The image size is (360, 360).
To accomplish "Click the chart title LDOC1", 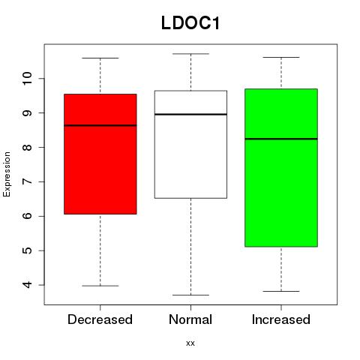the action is pyautogui.click(x=190, y=23).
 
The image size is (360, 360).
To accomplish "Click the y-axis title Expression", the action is pyautogui.click(x=7, y=174).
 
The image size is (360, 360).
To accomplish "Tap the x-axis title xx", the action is pyautogui.click(x=190, y=343).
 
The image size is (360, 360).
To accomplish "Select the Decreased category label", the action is pyautogui.click(x=100, y=319).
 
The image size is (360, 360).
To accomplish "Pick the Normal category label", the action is pyautogui.click(x=190, y=319).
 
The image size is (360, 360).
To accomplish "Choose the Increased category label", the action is pyautogui.click(x=281, y=319).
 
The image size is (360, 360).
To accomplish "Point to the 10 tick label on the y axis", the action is pyautogui.click(x=27, y=79).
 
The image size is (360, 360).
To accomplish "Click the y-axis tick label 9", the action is pyautogui.click(x=27, y=113).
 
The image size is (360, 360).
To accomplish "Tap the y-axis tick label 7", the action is pyautogui.click(x=27, y=181).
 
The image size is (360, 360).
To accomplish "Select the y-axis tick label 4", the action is pyautogui.click(x=27, y=285).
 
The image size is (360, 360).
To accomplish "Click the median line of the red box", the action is pyautogui.click(x=100, y=125).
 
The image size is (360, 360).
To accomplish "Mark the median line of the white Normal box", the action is pyautogui.click(x=190, y=114).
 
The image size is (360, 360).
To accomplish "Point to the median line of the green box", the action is pyautogui.click(x=281, y=139).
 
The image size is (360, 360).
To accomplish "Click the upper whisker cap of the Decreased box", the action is pyautogui.click(x=100, y=58).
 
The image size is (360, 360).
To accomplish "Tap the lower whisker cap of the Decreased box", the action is pyautogui.click(x=100, y=286).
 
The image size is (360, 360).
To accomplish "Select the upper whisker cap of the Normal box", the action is pyautogui.click(x=190, y=54).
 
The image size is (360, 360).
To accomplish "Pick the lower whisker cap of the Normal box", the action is pyautogui.click(x=190, y=295).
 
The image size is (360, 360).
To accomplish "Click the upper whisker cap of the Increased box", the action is pyautogui.click(x=281, y=57).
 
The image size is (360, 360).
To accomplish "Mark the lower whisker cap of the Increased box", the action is pyautogui.click(x=281, y=291).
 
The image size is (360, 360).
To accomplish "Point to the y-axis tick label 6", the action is pyautogui.click(x=27, y=216).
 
